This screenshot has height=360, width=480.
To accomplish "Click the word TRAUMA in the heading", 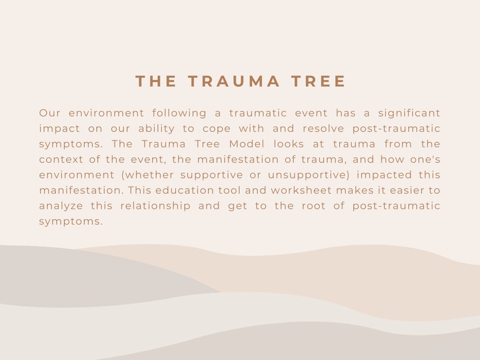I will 235,82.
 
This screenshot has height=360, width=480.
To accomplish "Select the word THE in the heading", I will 156,82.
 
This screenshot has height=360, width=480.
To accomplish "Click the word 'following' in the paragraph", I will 178,114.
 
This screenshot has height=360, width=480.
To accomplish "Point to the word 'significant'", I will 409,114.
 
